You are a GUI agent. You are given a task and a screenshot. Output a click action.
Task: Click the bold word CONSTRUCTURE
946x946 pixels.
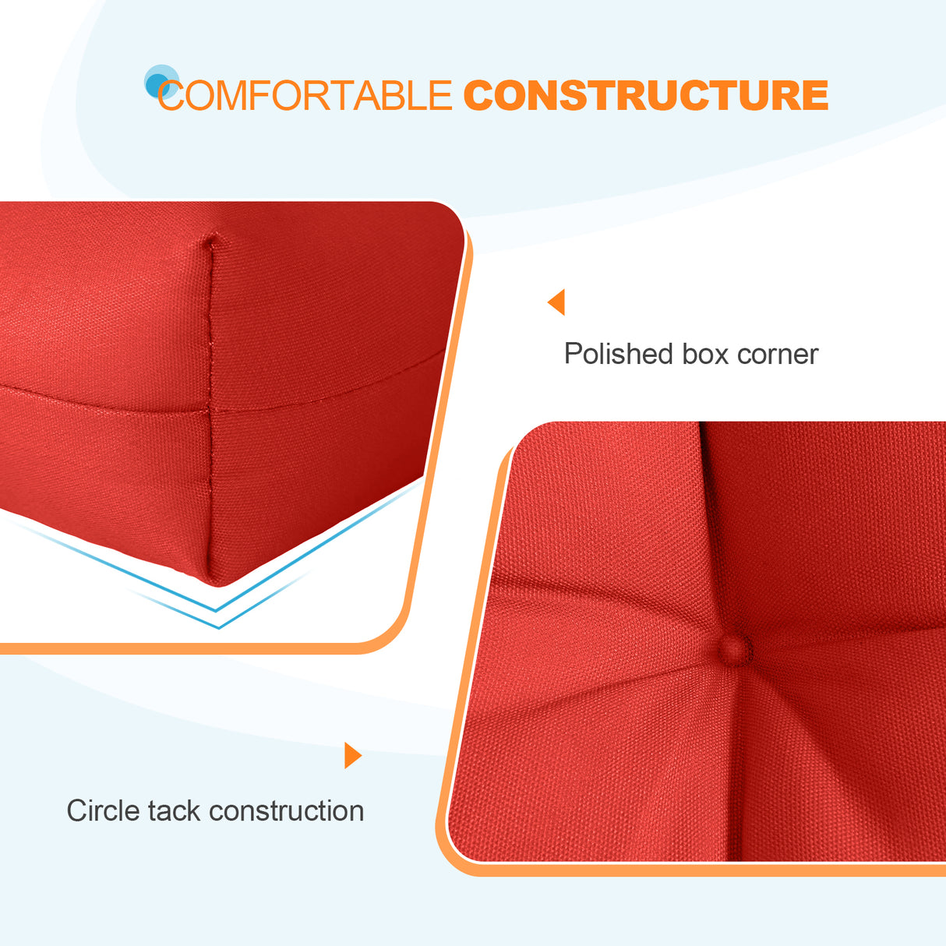pos(645,96)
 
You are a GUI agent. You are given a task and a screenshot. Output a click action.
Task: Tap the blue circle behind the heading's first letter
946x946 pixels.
pos(159,81)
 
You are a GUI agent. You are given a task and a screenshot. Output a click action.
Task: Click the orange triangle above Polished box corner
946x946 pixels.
pos(556,302)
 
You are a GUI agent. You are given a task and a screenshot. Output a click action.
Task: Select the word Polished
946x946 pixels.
pos(618,355)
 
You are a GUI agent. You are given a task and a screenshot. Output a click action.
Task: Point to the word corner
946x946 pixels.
pos(777,355)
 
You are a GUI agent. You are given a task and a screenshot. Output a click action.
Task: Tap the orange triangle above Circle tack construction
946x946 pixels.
pos(352,755)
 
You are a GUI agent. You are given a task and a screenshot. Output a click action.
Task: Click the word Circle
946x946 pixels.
pos(104,810)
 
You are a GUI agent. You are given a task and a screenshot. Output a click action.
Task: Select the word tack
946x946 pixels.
pos(174,810)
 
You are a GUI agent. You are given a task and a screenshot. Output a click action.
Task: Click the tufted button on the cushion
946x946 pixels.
pos(733,648)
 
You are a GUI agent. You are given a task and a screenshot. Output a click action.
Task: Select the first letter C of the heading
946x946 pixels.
pos(171,97)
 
